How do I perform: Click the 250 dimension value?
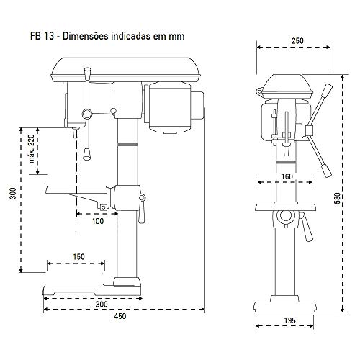pos(297,41)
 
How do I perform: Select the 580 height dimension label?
pos(337,198)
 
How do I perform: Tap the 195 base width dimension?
pos(290,320)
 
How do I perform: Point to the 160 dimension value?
pos(287,176)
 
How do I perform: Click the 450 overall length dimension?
pos(120,316)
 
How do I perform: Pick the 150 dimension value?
pos(78,257)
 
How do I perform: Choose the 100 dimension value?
pos(98,221)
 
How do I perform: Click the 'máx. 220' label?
pos(32,149)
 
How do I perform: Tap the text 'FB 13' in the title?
pos(42,36)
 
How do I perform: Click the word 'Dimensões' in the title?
pos(85,36)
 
